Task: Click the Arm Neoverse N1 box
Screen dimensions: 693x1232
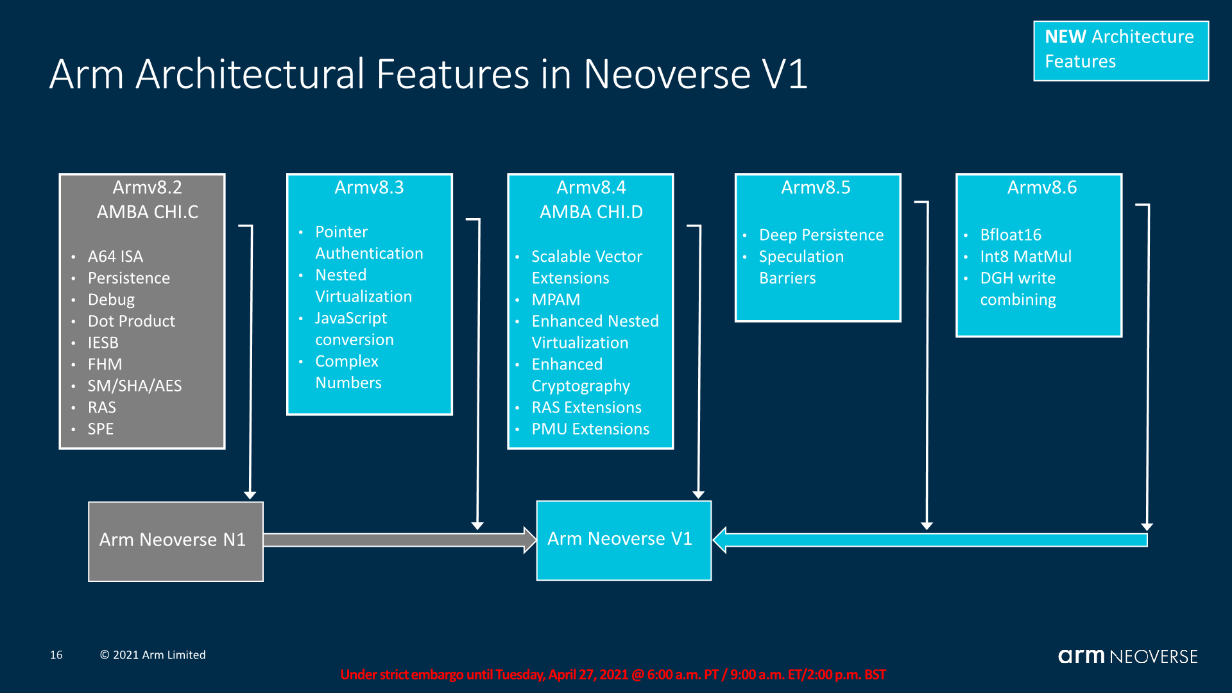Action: coord(175,541)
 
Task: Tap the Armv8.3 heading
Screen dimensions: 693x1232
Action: coord(369,187)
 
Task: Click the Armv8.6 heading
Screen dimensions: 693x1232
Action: coord(1041,187)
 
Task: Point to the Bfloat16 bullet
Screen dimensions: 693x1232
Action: coord(1010,235)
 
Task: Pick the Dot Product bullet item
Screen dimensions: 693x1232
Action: coord(131,321)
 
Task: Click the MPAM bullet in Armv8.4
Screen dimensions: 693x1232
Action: coord(556,300)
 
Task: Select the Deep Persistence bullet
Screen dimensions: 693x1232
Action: coord(821,235)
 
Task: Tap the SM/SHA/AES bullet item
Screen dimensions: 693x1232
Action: coord(134,386)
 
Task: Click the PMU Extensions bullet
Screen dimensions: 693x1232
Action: coord(590,429)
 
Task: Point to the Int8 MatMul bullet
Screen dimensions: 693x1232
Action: coord(1025,257)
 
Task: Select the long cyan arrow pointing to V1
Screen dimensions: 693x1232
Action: coord(930,540)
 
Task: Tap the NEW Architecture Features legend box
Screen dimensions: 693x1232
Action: coord(1120,50)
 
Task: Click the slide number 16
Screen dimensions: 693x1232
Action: coord(56,655)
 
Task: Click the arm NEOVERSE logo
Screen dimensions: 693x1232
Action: coord(1127,656)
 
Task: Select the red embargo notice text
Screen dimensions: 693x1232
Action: coord(612,674)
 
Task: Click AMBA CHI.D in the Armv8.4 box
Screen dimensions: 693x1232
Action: coord(590,212)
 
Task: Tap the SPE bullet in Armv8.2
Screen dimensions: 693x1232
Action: coord(100,429)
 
